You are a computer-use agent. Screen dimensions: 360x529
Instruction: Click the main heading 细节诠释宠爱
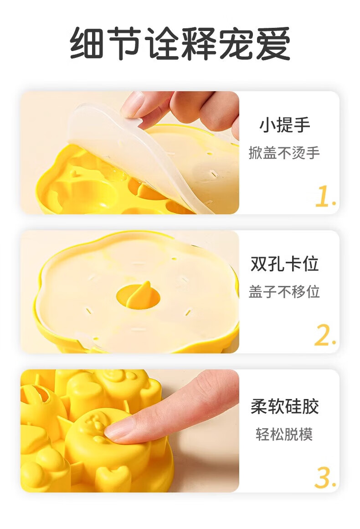[x=180, y=44]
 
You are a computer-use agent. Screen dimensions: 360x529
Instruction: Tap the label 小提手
[x=284, y=125]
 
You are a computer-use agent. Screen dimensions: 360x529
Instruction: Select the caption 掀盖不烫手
[x=284, y=153]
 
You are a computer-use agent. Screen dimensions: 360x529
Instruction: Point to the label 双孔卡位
[x=284, y=264]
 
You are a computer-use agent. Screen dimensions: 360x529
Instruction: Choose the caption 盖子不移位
[x=284, y=291]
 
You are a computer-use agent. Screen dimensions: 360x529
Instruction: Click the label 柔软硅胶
[x=284, y=406]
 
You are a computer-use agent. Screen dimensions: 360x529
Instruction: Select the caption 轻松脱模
[x=284, y=434]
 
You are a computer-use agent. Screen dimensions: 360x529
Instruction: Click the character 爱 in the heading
[x=273, y=44]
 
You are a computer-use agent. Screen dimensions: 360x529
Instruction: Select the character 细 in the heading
[x=87, y=44]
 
